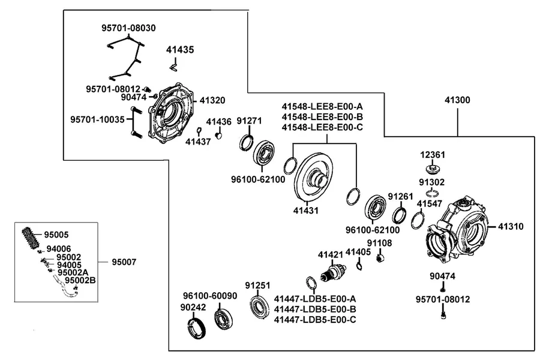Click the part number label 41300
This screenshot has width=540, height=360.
(x=457, y=100)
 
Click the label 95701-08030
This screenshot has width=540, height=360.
(x=128, y=28)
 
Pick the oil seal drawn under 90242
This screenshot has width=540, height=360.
(x=197, y=328)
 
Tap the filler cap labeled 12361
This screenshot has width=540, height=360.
(x=433, y=169)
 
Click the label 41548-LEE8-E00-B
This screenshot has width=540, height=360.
(x=322, y=117)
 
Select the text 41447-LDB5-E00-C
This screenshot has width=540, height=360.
(x=315, y=320)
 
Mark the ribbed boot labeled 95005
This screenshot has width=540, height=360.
(x=31, y=238)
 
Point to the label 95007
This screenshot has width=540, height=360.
(x=124, y=262)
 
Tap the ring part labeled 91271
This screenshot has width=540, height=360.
(x=247, y=143)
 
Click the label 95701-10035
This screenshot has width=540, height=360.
(x=97, y=120)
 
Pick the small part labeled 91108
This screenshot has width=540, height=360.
(x=380, y=257)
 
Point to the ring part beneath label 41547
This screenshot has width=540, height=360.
(x=418, y=220)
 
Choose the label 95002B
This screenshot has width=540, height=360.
(x=80, y=280)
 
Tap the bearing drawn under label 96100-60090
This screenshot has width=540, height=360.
(x=224, y=320)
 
